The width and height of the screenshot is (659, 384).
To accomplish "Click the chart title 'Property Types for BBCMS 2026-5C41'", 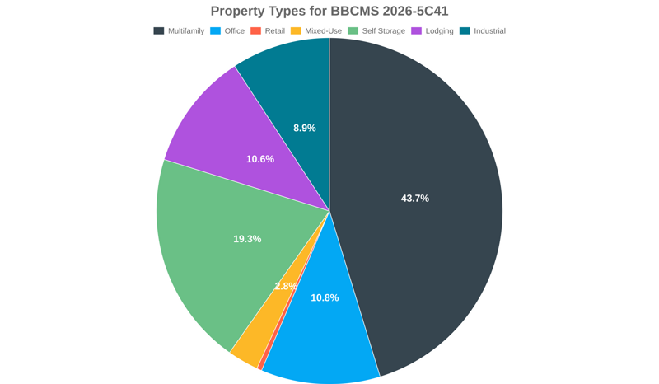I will (x=329, y=11).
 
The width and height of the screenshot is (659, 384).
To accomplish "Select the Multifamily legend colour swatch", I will (x=159, y=31).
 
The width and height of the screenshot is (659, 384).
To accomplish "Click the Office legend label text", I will (x=235, y=31).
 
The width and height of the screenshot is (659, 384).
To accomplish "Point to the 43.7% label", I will (x=414, y=199).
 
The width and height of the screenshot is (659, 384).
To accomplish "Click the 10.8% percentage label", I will (x=325, y=297).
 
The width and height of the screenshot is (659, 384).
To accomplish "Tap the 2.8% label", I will (x=286, y=286).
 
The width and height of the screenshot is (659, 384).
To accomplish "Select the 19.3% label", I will (x=247, y=239).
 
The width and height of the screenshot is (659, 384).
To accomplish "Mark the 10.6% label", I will (x=260, y=159).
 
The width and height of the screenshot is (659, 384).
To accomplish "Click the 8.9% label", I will (x=305, y=128).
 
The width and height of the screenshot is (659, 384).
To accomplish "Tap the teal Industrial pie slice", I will (x=288, y=82).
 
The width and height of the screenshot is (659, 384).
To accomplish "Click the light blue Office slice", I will (x=321, y=346).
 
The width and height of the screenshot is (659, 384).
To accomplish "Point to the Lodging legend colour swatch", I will (x=417, y=31).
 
